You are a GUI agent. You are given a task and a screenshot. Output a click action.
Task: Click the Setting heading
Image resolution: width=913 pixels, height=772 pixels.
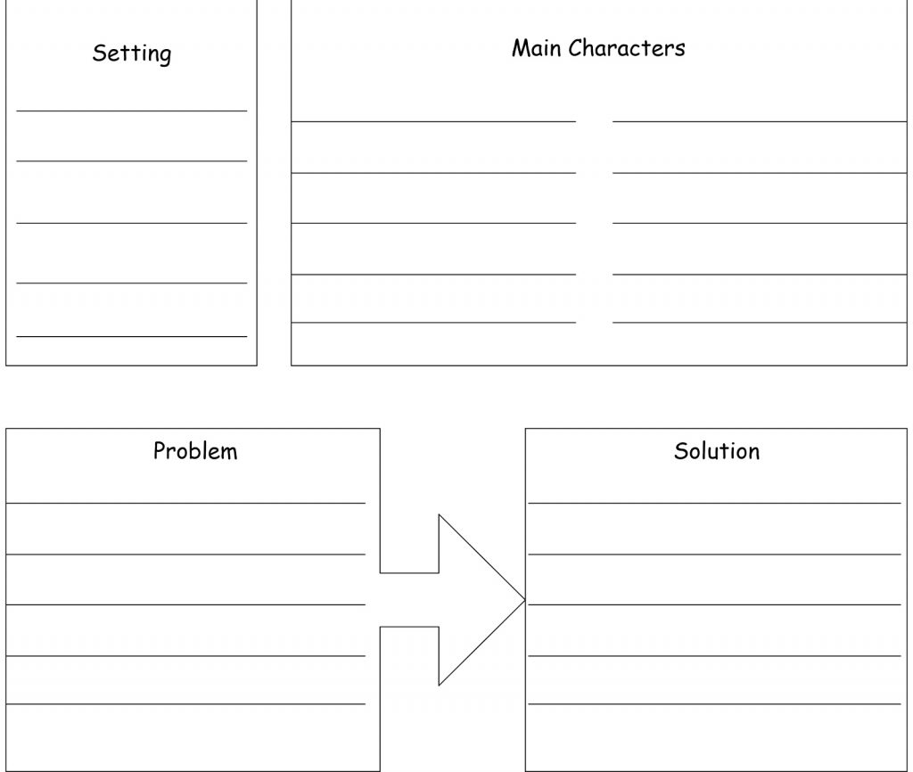tap(132, 53)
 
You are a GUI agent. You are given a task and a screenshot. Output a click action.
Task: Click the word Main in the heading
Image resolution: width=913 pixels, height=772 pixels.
tap(536, 48)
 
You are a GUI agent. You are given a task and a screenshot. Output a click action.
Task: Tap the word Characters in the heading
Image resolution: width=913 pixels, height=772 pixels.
tap(627, 48)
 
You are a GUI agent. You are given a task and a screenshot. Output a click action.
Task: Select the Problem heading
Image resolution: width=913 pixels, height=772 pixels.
tap(195, 451)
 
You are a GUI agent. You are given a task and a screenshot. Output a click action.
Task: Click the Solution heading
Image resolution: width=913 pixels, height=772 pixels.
tap(717, 451)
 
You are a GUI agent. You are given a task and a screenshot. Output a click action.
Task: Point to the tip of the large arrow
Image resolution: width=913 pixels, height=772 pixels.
tap(525, 600)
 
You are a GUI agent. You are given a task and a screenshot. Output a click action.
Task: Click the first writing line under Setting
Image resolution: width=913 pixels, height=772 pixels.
tap(132, 111)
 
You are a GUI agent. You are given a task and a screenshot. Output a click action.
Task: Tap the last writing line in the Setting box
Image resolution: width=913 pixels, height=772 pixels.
tap(132, 336)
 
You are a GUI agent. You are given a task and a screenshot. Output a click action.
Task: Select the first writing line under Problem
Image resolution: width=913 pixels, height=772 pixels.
tap(185, 503)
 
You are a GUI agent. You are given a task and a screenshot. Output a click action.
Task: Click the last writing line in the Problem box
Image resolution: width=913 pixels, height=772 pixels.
tap(185, 704)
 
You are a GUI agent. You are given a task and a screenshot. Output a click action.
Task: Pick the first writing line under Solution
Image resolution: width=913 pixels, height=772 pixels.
tap(714, 503)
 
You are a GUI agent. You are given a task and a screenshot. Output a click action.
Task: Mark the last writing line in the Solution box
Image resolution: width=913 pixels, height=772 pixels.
tap(714, 704)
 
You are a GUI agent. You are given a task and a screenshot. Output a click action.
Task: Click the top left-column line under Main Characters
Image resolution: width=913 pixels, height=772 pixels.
tap(433, 121)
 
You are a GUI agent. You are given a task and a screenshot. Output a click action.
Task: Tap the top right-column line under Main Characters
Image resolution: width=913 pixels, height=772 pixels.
tap(760, 121)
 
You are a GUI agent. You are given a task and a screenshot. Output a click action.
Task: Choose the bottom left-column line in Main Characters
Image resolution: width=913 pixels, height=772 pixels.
tap(433, 322)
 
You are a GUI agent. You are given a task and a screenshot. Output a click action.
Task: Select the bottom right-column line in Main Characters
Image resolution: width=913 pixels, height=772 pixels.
tap(760, 322)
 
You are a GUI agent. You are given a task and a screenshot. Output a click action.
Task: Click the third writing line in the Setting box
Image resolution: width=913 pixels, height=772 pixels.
tap(132, 223)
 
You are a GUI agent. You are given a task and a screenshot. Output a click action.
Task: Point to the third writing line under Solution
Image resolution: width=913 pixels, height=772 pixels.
tap(714, 605)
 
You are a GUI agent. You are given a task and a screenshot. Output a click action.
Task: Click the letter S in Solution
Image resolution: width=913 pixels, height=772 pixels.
tap(681, 451)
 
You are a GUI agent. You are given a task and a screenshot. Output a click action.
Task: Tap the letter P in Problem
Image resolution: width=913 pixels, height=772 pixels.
tap(160, 451)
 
